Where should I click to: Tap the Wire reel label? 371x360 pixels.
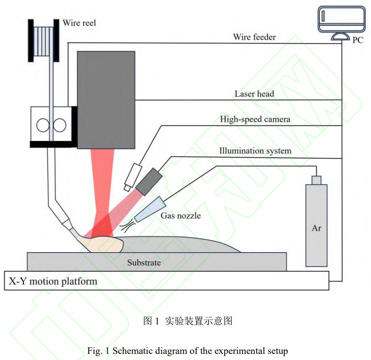(79, 23)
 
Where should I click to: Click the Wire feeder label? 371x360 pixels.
(254, 37)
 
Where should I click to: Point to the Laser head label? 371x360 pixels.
(254, 94)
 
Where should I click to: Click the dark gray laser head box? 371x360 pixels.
(106, 99)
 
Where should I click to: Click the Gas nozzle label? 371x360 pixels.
(181, 215)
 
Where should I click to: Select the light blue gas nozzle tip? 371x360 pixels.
(148, 210)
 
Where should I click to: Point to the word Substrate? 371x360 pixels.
(144, 263)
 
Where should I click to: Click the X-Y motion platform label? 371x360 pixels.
(53, 281)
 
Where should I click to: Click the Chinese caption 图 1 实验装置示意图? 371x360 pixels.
(188, 321)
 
